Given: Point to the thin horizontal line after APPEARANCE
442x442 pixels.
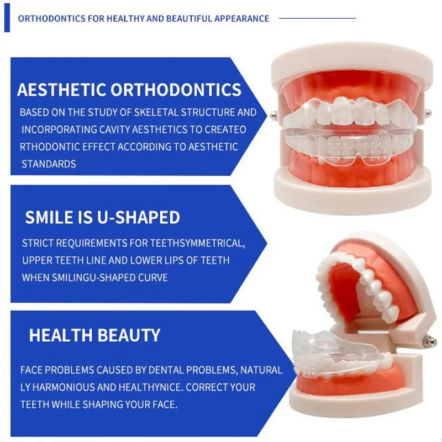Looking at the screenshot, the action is [x=317, y=18].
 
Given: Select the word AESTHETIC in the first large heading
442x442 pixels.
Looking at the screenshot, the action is [x=61, y=90].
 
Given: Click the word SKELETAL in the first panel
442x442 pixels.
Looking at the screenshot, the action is [x=156, y=112].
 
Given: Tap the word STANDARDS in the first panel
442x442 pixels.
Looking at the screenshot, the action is [x=49, y=164].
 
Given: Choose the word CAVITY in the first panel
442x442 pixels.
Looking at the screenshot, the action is [x=114, y=129].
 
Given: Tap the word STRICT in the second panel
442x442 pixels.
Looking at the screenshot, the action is [x=38, y=243].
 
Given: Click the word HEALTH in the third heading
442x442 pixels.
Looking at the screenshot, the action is [x=61, y=335].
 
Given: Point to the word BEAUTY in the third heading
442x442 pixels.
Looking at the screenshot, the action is [x=129, y=335].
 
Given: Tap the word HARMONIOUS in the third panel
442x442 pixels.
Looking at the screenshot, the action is [x=64, y=387].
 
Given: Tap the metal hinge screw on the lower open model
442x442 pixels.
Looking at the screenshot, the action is [x=427, y=340].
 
